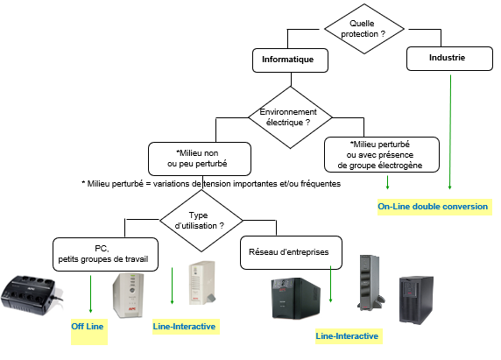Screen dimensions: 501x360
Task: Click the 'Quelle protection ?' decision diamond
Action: [364, 29]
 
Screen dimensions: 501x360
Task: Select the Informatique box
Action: [290, 60]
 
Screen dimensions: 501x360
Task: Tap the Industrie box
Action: [449, 59]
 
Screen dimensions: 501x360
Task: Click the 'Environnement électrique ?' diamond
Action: [290, 117]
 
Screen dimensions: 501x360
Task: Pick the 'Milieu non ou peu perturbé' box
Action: [200, 159]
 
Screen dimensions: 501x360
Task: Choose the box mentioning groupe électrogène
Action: [382, 155]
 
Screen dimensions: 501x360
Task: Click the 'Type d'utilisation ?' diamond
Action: [201, 221]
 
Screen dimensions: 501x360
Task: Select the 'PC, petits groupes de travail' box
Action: [105, 254]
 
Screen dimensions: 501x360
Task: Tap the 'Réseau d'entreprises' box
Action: [291, 252]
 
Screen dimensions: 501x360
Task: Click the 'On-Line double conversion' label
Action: [434, 207]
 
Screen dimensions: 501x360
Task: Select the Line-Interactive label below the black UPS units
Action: [349, 336]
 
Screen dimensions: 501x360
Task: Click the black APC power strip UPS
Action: [32, 295]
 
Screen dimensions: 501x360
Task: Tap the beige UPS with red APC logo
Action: [128, 295]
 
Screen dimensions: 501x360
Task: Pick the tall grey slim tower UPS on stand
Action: [370, 283]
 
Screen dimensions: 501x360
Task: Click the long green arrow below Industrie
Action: [450, 132]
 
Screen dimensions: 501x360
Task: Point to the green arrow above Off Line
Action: [90, 294]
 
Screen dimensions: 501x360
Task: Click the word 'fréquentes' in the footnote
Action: [321, 184]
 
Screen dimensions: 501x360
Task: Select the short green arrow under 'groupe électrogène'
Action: [387, 182]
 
